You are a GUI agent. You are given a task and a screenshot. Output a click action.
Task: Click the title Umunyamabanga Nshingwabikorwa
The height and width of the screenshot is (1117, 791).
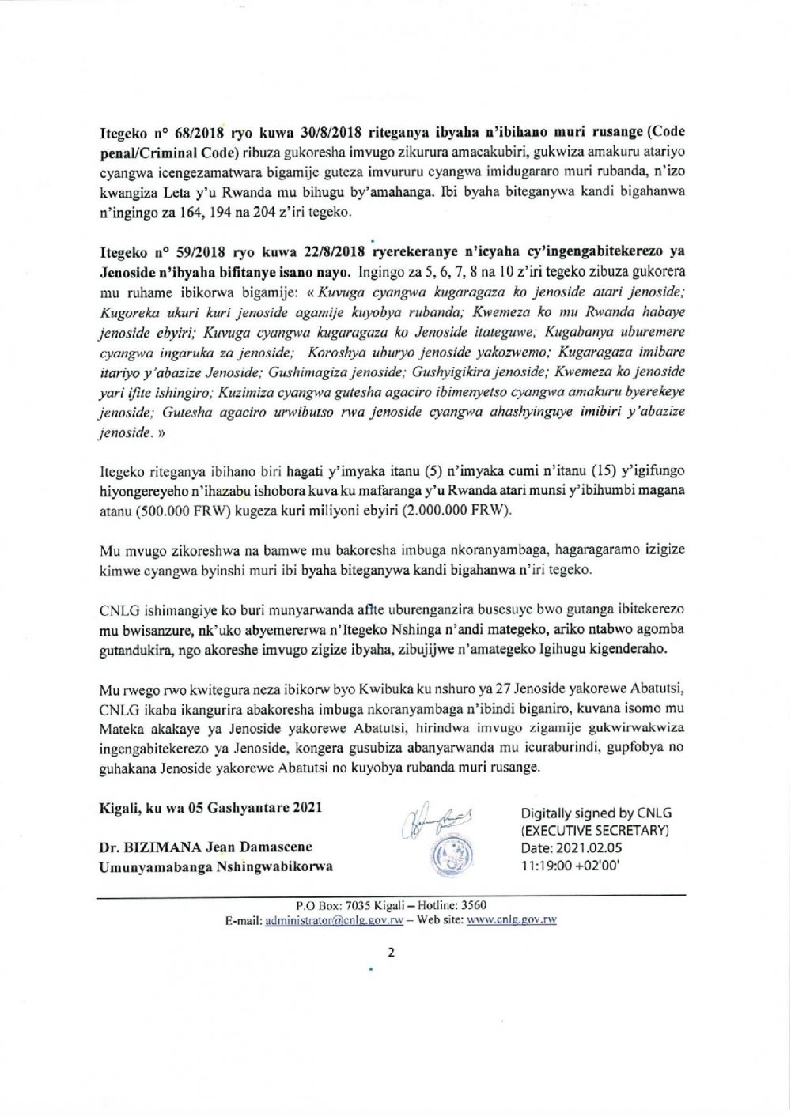[215, 866]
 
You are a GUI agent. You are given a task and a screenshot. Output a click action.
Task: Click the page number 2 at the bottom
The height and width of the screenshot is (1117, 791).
[391, 952]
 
